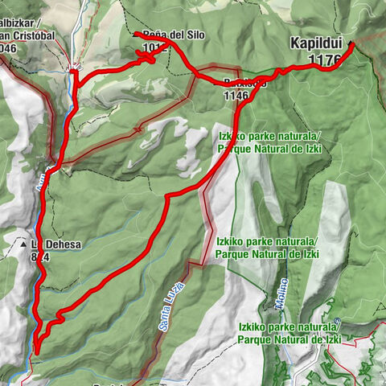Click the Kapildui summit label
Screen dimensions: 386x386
tap(318, 45)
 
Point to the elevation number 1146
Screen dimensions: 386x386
tap(240, 96)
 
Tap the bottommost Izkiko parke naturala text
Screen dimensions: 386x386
tap(287, 328)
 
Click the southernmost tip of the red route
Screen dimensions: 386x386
tap(36, 351)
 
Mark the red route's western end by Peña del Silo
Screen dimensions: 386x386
tap(136, 35)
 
